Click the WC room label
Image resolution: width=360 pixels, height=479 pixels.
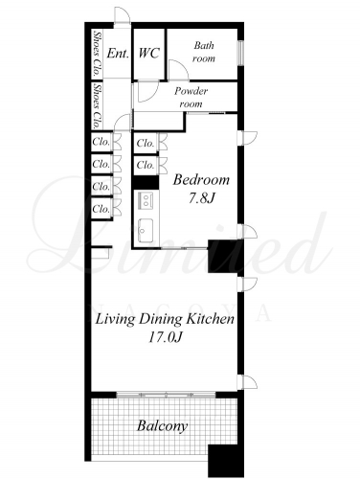[148, 53]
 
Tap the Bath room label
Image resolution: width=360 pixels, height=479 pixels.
[204, 52]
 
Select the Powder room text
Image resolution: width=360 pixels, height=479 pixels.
[191, 98]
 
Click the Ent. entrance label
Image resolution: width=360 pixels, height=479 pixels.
[118, 53]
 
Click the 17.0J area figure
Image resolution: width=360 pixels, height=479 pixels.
[165, 337]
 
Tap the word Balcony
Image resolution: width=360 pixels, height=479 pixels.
[162, 426]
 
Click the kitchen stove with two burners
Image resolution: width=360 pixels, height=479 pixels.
[146, 200]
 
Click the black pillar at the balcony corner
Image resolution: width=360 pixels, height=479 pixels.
[226, 460]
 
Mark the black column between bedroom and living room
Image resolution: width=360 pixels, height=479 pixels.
[226, 256]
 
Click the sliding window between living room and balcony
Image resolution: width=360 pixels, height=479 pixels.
[166, 395]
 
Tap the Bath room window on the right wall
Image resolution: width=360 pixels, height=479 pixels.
[241, 53]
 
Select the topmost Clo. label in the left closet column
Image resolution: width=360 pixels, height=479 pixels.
[101, 142]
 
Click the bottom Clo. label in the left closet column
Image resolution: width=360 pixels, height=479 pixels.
[101, 209]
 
